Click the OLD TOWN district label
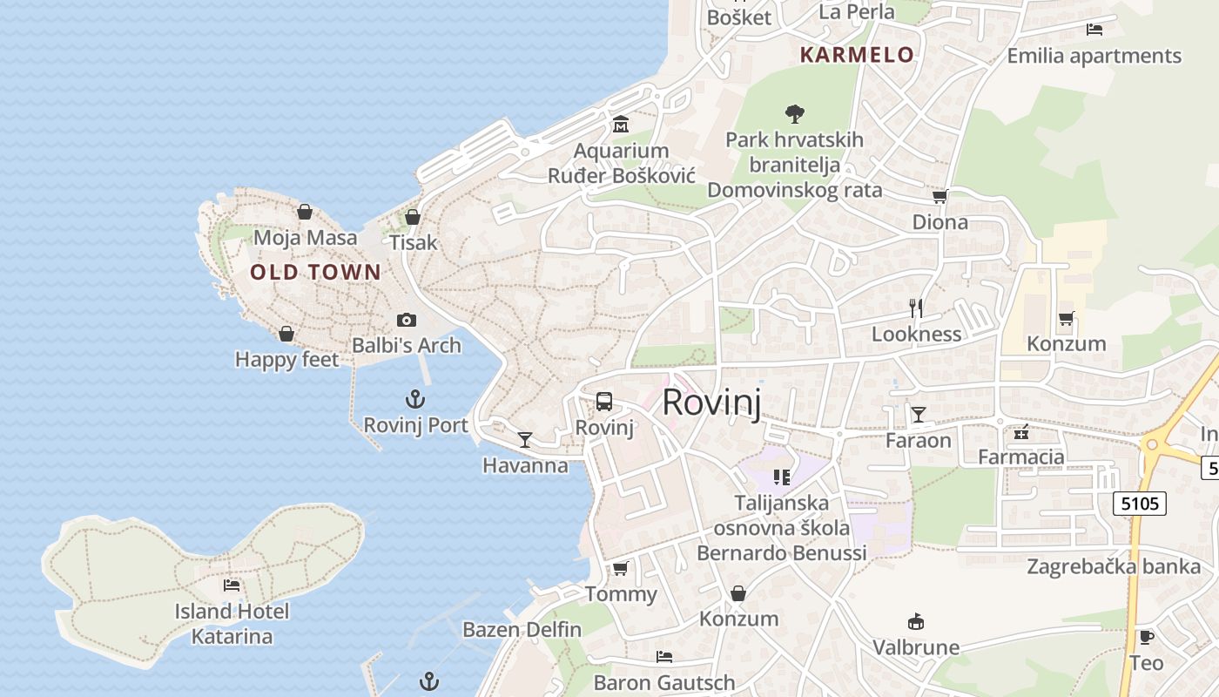point(315,272)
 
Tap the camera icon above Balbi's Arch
point(407,320)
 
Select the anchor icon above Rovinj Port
point(415,400)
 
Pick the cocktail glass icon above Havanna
point(525,439)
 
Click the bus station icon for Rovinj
point(604,402)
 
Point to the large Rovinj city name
point(711,403)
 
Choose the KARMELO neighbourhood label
point(857,55)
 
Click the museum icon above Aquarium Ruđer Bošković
point(621,125)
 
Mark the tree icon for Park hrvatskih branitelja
point(794,112)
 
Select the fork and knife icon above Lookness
point(916,308)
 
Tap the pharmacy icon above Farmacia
point(1021,431)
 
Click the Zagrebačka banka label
point(1114,566)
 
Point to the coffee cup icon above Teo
point(1147,637)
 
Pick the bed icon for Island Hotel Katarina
point(232,585)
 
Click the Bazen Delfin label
point(522,629)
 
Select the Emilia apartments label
point(1094,56)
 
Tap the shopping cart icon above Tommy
point(620,569)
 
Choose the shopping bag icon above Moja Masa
point(305,212)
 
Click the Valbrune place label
point(916,647)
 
